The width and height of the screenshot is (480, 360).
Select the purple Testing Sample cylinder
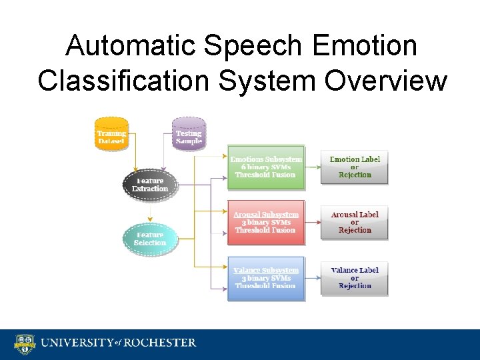click(x=189, y=134)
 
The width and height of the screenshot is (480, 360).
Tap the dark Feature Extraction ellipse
click(x=151, y=185)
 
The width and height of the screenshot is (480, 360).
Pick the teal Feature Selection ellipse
click(x=151, y=239)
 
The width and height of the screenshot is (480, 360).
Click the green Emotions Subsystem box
click(x=266, y=167)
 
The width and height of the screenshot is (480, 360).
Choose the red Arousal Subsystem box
click(x=266, y=222)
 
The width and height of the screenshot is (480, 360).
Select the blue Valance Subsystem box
click(x=266, y=277)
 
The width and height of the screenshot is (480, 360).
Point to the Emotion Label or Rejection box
click(x=354, y=167)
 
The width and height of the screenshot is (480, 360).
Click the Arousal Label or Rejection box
click(x=354, y=222)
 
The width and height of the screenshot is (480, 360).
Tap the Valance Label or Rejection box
click(x=354, y=277)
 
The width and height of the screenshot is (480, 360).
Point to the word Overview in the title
click(x=386, y=81)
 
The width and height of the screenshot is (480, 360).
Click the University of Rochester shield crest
click(x=25, y=344)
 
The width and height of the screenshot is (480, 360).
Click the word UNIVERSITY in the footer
click(x=75, y=343)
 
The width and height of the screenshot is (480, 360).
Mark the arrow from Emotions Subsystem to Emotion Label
click(x=313, y=167)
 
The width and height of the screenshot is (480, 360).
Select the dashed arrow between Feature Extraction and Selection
click(x=151, y=212)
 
